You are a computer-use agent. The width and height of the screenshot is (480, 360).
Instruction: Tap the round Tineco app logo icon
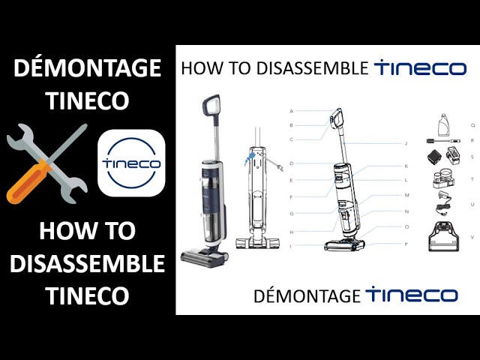pyautogui.click(x=131, y=163)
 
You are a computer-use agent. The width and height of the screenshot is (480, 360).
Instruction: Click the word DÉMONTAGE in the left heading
pyautogui.click(x=88, y=68)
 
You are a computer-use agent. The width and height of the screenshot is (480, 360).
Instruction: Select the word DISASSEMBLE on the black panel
pyautogui.click(x=88, y=264)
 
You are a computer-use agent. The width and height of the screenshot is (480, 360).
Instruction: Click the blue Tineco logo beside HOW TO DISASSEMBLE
pyautogui.click(x=421, y=68)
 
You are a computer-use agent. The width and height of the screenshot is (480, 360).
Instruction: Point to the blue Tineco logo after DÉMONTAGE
pyautogui.click(x=412, y=295)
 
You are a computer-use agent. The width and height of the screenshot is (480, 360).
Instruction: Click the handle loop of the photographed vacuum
pyautogui.click(x=211, y=106)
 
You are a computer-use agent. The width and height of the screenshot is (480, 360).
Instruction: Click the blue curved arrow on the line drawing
pyautogui.click(x=250, y=159)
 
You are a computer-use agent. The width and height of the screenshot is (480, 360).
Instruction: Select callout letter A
pyautogui.click(x=292, y=111)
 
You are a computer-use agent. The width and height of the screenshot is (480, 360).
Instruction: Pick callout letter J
pyautogui.click(x=406, y=143)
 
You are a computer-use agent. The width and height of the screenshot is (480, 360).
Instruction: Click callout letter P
pyautogui.click(x=406, y=244)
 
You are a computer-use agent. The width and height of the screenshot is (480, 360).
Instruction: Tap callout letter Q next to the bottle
pyautogui.click(x=473, y=125)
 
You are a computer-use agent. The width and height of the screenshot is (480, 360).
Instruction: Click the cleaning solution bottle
pyautogui.click(x=444, y=125)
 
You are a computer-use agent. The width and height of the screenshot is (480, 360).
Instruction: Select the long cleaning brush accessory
pyautogui.click(x=444, y=141)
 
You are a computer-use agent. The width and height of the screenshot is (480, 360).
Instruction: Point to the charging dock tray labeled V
pyautogui.click(x=444, y=236)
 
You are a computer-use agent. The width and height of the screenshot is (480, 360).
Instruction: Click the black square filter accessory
pyautogui.click(x=435, y=157)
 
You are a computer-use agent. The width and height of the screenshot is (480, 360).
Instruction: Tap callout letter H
pyautogui.click(x=292, y=232)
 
